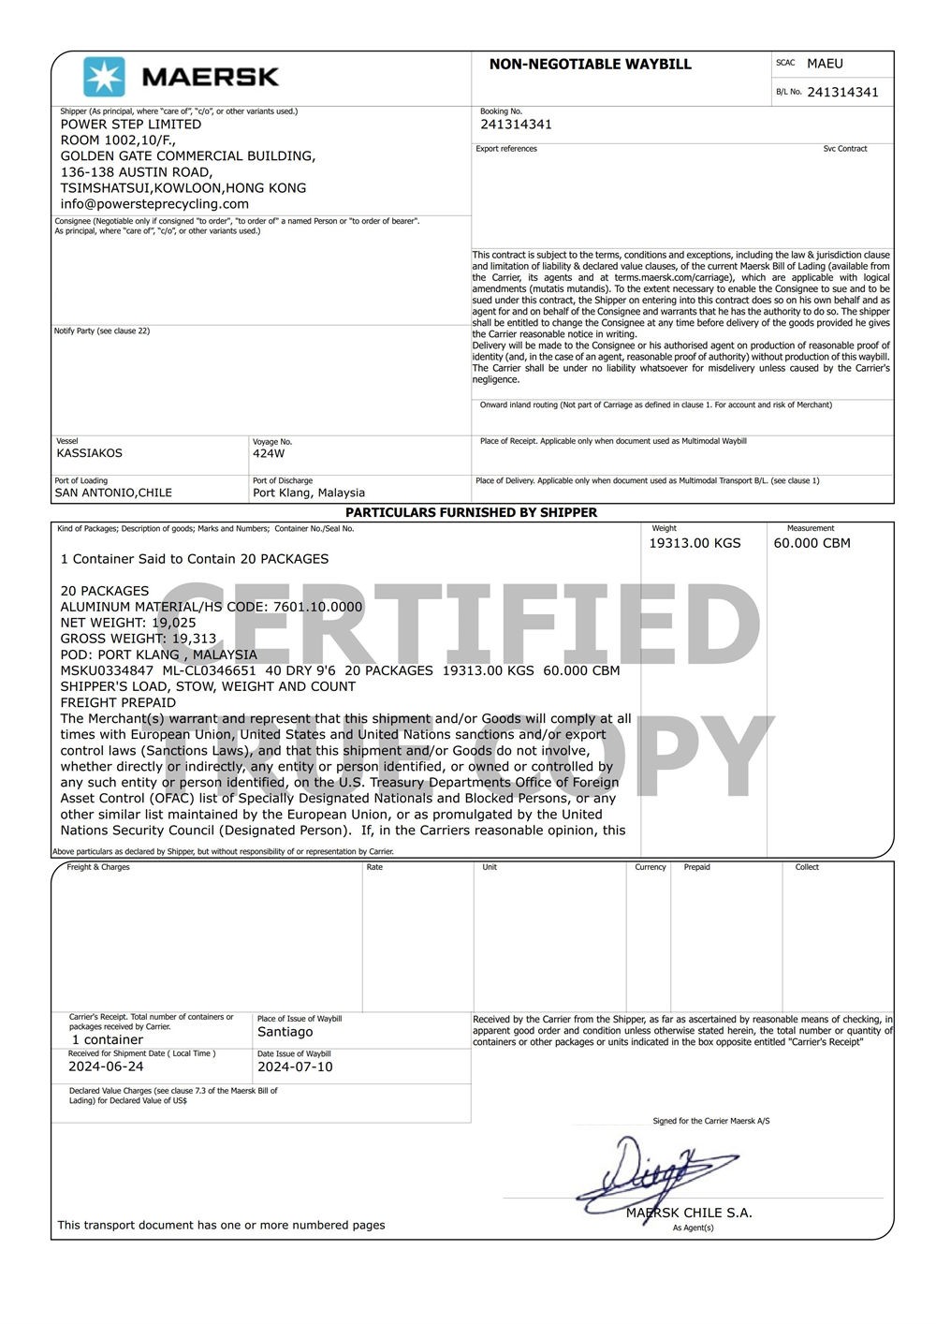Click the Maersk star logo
click(104, 77)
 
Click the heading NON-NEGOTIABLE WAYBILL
click(590, 65)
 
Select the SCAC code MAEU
click(825, 64)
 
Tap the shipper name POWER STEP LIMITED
click(130, 125)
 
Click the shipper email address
click(154, 204)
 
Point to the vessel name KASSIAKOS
click(89, 453)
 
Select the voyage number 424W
click(269, 453)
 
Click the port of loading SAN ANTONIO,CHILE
click(113, 493)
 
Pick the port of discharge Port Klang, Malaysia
click(309, 493)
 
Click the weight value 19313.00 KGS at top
click(695, 543)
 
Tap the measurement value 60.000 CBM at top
click(812, 543)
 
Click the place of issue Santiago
click(285, 1032)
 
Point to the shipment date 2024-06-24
click(106, 1067)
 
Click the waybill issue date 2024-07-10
click(295, 1067)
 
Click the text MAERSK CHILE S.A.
click(689, 1213)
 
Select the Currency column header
click(650, 867)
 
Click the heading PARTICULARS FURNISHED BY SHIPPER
click(471, 513)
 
